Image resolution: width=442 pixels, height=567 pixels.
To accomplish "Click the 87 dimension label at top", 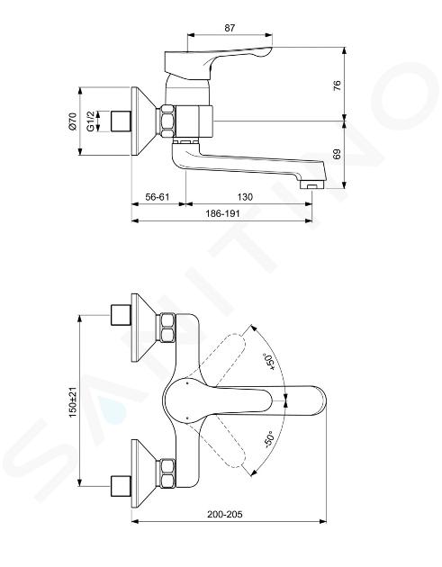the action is point(230,28).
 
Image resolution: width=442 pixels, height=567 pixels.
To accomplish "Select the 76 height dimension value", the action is point(337,85).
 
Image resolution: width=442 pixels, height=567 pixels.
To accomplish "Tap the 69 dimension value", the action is point(337,155).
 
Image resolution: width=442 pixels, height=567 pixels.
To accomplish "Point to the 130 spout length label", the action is point(245,197).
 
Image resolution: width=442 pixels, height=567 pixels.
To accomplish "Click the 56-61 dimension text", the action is point(158,197).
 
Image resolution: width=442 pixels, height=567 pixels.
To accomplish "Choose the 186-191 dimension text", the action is point(223,213).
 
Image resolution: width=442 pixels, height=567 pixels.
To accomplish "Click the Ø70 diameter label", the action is point(73,121).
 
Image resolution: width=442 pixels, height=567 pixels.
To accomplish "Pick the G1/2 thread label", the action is point(91,121).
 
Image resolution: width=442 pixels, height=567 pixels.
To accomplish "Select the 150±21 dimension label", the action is point(73,401).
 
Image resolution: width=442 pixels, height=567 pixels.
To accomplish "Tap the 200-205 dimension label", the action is point(225,514).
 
